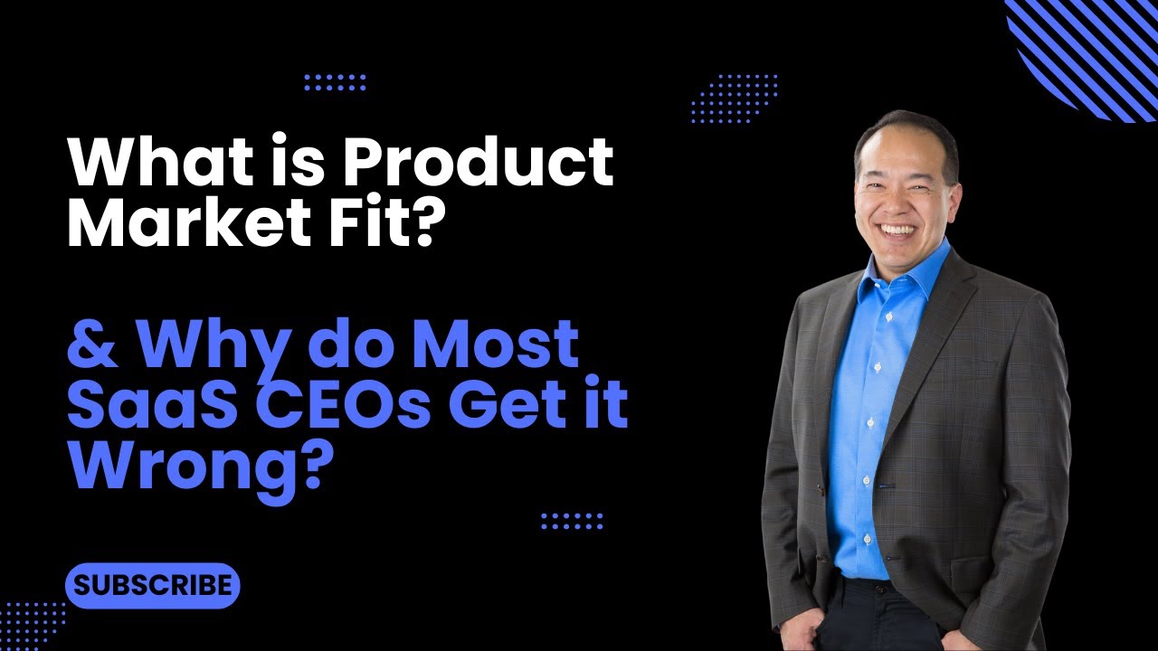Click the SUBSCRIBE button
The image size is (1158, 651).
point(152,585)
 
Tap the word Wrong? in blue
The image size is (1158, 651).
point(195,465)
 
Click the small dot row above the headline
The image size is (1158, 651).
point(335,82)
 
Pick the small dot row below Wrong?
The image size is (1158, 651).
point(572,520)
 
